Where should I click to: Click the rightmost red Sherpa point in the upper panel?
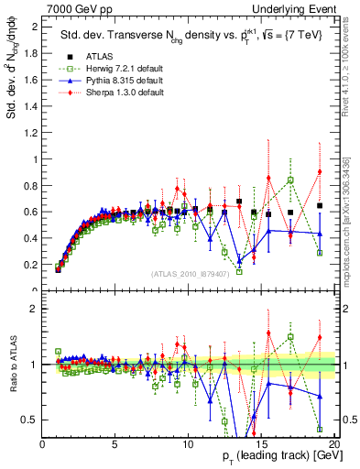pyautogui.click(x=320, y=172)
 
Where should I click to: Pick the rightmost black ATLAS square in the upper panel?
pyautogui.click(x=320, y=205)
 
